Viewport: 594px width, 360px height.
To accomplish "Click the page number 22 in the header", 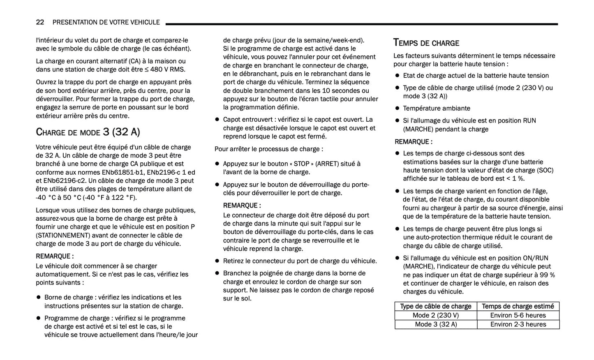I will [40, 22].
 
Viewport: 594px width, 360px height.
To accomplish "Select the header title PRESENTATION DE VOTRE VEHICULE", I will [106, 22].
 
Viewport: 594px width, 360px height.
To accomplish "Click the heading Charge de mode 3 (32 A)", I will [88, 132].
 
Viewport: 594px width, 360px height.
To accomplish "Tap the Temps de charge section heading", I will [426, 43].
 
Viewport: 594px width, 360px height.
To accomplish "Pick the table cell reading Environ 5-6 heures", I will [518, 315].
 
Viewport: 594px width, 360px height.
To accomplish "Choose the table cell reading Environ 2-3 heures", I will [518, 324].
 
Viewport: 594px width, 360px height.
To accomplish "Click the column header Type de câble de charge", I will [435, 306].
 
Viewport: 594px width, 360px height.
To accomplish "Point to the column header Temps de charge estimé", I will [518, 306].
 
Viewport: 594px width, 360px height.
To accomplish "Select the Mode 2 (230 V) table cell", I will [435, 315].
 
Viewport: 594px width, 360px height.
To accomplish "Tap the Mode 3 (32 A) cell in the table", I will [435, 324].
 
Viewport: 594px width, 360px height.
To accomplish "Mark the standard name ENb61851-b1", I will [124, 172].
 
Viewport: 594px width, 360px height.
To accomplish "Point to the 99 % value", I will [547, 275].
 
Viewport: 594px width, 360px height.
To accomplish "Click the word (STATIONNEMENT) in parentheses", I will [63, 235].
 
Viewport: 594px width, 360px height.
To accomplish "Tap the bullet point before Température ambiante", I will [397, 108].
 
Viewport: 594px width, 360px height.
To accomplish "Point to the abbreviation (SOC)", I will [545, 170].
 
